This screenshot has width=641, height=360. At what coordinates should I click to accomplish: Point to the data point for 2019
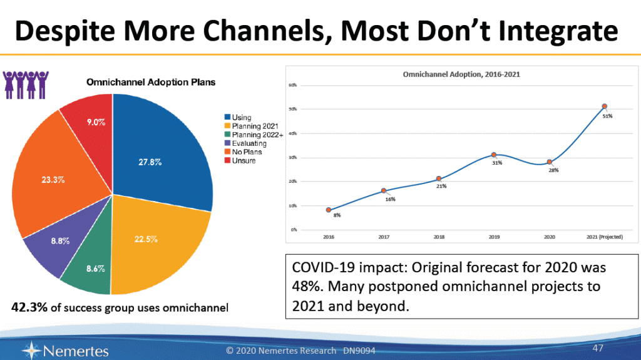[x=494, y=155]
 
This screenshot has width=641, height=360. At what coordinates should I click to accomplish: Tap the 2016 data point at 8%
[x=329, y=210]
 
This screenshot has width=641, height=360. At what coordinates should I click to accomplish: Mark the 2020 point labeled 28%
[x=549, y=162]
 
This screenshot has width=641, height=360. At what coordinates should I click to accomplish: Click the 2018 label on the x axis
[x=439, y=237]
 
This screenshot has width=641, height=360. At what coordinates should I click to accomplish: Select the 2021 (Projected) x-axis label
[x=603, y=237]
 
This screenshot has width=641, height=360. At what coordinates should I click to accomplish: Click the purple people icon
[x=26, y=85]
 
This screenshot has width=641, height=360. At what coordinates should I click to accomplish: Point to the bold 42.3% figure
[x=29, y=307]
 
